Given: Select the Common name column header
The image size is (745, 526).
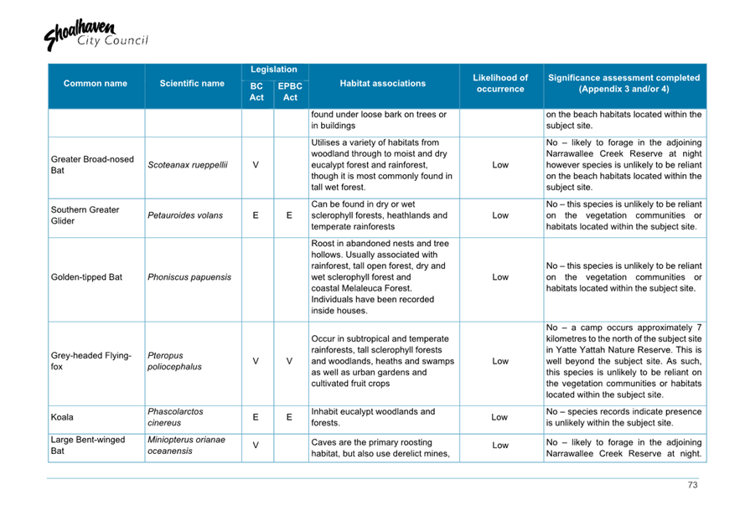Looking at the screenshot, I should click(96, 84).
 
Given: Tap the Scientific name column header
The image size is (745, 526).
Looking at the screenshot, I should click(192, 84).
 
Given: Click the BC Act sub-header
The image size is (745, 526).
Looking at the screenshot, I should click(256, 92).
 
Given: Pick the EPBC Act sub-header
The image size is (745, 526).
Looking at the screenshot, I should click(290, 92).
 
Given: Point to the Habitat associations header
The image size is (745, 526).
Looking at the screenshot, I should click(383, 84).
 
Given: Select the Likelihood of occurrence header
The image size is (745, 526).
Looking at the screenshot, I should click(500, 84).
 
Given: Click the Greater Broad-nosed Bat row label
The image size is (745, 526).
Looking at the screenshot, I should click(92, 165).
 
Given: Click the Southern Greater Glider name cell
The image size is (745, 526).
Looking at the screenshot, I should click(85, 215).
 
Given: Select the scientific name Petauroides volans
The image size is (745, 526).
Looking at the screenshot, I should click(185, 215).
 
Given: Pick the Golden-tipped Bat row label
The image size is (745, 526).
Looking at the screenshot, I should click(86, 276).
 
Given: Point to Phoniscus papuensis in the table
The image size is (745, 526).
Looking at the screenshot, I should click(189, 276).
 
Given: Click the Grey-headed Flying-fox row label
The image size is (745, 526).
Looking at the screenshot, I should click(91, 361).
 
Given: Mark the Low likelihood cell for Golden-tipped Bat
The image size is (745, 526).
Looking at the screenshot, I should click(500, 276).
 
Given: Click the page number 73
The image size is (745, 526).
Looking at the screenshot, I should click(692, 485).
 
